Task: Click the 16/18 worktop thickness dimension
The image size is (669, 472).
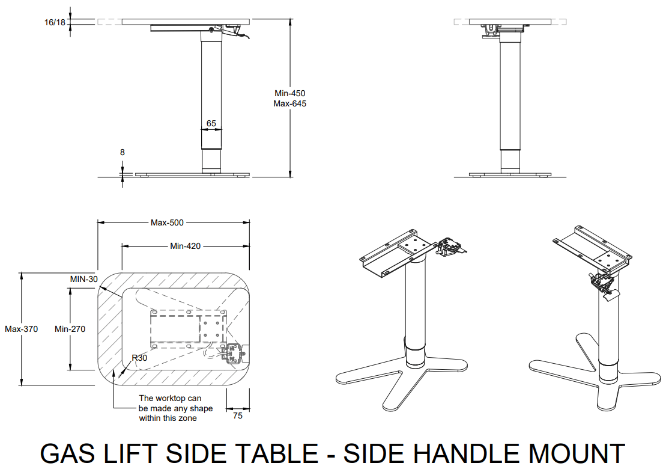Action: (x=55, y=22)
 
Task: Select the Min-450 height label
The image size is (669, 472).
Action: (x=290, y=93)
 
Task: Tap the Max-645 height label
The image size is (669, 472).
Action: (x=290, y=103)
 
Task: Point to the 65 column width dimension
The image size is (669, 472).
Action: (x=211, y=123)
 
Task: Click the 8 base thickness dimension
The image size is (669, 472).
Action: (x=123, y=153)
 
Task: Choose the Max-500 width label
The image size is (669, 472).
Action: (x=167, y=222)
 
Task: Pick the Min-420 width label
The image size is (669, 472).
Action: (x=185, y=245)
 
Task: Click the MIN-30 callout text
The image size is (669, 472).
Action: (x=83, y=279)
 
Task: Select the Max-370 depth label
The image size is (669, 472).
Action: (x=22, y=329)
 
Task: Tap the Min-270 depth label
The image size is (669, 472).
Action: (x=70, y=329)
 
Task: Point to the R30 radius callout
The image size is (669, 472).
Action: (x=139, y=358)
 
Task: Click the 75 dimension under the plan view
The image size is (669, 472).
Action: (x=238, y=415)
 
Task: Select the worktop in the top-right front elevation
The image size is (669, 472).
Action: (x=510, y=22)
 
